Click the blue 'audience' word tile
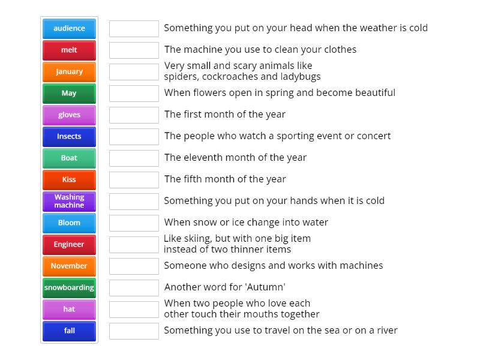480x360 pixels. [69, 28]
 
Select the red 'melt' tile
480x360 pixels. [69, 50]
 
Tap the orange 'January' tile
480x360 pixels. [69, 71]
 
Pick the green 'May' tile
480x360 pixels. [69, 94]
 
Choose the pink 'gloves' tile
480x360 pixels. [69, 115]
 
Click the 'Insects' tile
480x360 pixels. [69, 137]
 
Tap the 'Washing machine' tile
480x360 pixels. [69, 202]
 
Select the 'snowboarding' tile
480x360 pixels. [69, 288]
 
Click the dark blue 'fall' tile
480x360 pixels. [69, 331]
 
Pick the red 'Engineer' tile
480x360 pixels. [69, 245]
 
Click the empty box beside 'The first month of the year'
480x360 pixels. [134, 115]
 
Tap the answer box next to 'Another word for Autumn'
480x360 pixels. [134, 288]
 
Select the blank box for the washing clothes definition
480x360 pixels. [134, 50]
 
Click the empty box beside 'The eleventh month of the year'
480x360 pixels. [134, 158]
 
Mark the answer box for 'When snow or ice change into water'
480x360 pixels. [134, 223]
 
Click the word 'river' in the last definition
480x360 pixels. [386, 331]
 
